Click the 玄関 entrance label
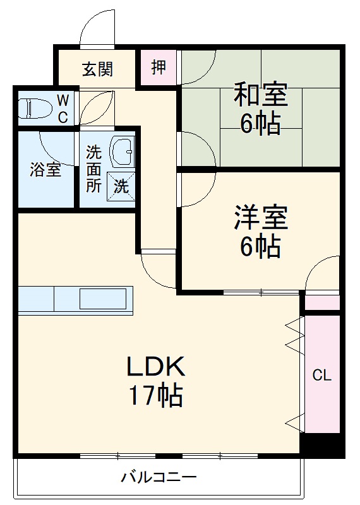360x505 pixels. click(97, 69)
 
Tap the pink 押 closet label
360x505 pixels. click(158, 66)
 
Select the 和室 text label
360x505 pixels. click(260, 95)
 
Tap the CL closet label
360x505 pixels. click(322, 375)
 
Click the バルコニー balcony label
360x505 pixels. click(159, 477)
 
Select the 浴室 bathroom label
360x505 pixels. click(46, 169)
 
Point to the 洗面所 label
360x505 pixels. click(93, 169)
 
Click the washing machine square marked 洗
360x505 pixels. click(121, 186)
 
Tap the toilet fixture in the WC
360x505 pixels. click(35, 108)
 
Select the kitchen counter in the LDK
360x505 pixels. click(76, 298)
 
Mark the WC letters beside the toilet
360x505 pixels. click(64, 108)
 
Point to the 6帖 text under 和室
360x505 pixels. click(260, 124)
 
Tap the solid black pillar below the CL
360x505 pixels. click(322, 444)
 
